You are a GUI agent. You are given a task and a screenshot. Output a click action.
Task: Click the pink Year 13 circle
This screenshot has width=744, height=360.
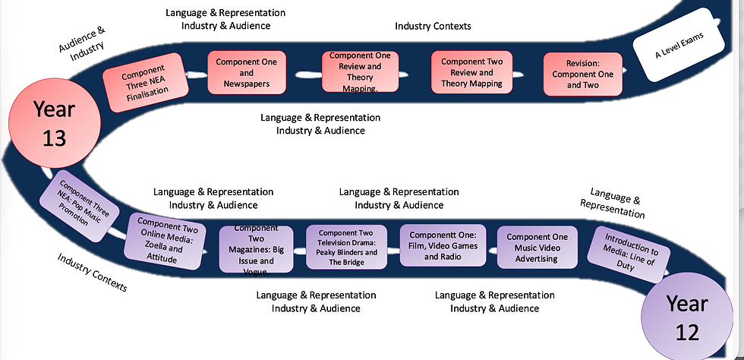pos(55,123)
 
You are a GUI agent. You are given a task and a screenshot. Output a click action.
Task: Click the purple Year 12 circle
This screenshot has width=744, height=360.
pos(686,317)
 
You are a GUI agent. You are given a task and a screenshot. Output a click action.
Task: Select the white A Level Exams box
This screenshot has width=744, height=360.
pos(679,45)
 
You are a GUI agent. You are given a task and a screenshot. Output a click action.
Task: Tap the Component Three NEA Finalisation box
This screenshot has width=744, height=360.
pos(146,82)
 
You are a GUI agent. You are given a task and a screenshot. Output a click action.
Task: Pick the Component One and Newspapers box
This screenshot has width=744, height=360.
pos(247,73)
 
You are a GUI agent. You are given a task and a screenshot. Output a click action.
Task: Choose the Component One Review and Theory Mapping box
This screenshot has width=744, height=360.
pos(360,71)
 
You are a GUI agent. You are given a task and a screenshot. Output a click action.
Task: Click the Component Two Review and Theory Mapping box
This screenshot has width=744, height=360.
pos(471,72)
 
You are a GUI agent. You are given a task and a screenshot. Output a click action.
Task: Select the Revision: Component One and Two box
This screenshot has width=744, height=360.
pos(583,74)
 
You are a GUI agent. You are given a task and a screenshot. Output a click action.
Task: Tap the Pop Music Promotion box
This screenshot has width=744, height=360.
pos(80,205)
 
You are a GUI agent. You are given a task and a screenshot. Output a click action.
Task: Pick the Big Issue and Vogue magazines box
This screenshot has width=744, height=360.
pos(257,249)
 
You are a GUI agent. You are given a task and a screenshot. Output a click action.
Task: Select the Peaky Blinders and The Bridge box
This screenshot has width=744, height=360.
pos(346,247)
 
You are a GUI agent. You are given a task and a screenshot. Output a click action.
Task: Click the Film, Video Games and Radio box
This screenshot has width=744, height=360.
pos(443,245)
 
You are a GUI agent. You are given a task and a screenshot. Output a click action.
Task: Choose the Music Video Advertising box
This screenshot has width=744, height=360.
pos(538,248)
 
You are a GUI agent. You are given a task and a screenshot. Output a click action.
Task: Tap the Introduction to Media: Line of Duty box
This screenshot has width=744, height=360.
pos(629,251)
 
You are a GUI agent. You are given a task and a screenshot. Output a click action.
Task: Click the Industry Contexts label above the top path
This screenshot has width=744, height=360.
pos(433,26)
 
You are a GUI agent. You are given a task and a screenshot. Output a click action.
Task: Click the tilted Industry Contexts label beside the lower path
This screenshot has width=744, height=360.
pos(93,272)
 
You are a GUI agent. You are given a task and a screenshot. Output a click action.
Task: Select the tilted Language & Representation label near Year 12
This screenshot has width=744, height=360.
pos(614,204)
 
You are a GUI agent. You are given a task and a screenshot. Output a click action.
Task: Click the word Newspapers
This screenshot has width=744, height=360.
pos(247,84)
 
